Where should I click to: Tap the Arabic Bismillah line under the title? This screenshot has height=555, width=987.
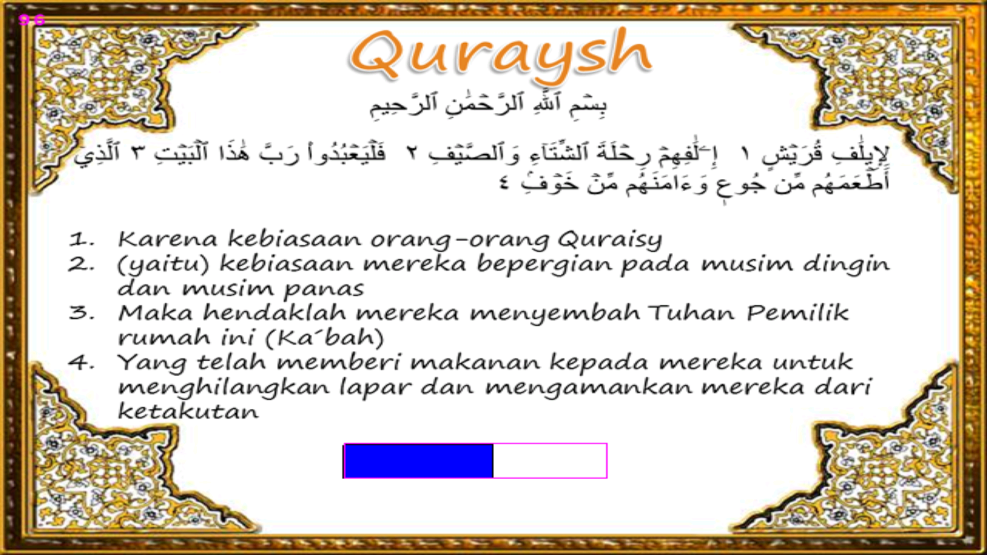(488, 104)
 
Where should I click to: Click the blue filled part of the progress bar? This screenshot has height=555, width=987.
(418, 461)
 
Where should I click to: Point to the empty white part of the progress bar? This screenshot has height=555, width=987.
(550, 461)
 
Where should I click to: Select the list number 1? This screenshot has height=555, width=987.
(81, 239)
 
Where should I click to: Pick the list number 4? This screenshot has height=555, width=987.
(81, 362)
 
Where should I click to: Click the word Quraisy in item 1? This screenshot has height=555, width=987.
(609, 239)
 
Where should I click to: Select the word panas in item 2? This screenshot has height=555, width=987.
(324, 289)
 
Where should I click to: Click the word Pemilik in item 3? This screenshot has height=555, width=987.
(797, 313)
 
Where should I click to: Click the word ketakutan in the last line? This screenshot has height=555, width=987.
(188, 411)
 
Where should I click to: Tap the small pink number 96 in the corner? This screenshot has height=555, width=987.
(31, 20)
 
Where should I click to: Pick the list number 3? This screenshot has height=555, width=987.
(81, 313)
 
